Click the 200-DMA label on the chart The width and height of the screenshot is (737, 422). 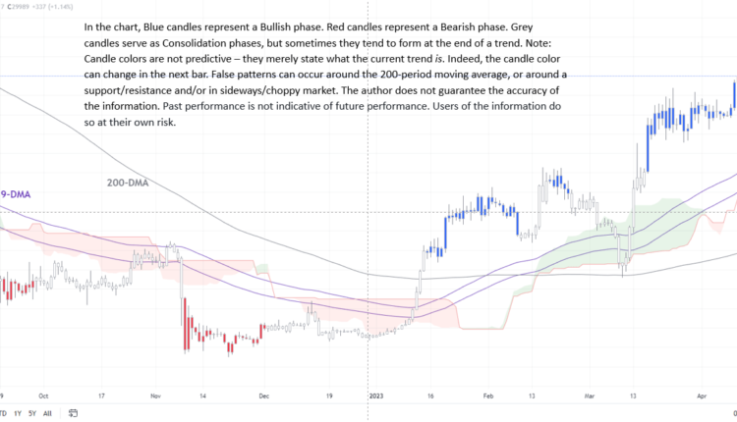(129, 183)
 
